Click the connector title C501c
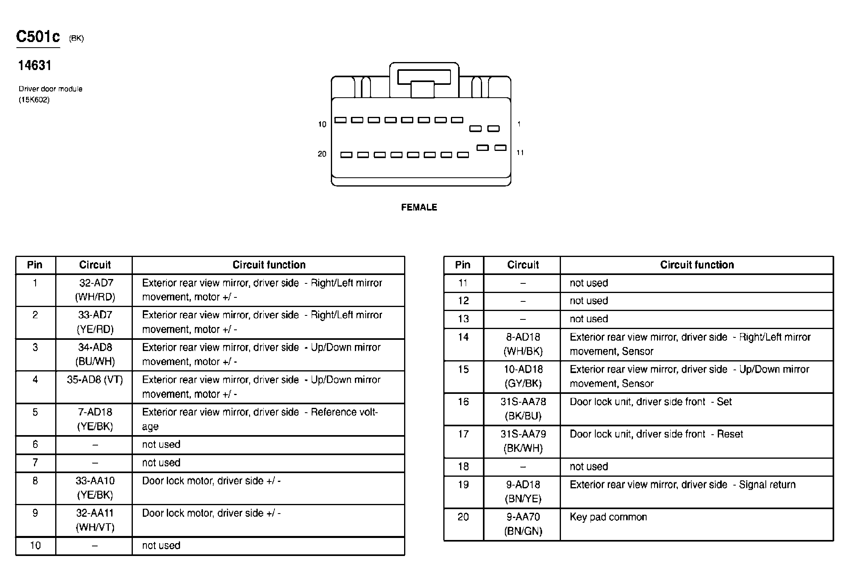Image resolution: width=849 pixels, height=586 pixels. pyautogui.click(x=38, y=37)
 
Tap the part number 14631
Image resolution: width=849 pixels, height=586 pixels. pyautogui.click(x=35, y=66)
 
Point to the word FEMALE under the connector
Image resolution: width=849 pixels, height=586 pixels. pyautogui.click(x=419, y=207)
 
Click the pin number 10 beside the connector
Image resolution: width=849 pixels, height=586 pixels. pyautogui.click(x=322, y=124)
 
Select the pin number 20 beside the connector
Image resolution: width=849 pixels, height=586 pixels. pyautogui.click(x=322, y=154)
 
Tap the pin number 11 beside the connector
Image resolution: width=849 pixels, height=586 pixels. pyautogui.click(x=520, y=153)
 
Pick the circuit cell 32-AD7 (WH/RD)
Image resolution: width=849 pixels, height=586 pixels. pyautogui.click(x=95, y=290)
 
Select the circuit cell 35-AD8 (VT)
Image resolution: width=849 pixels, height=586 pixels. pyautogui.click(x=95, y=379)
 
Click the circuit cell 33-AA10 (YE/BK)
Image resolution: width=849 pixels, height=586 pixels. pyautogui.click(x=95, y=488)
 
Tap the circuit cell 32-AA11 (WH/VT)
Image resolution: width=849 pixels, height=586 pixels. pyautogui.click(x=95, y=520)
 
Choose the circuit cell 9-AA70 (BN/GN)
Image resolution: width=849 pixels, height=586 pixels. pyautogui.click(x=523, y=524)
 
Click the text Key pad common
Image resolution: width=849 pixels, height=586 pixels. pyautogui.click(x=608, y=517)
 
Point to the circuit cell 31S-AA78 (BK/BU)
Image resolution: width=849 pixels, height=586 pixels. pyautogui.click(x=523, y=409)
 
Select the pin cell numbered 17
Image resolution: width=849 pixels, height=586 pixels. pyautogui.click(x=463, y=434)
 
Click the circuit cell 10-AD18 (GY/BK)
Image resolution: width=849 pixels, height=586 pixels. pyautogui.click(x=523, y=376)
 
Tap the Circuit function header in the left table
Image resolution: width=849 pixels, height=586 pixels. pyautogui.click(x=269, y=265)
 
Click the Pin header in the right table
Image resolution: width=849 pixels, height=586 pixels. pyautogui.click(x=463, y=265)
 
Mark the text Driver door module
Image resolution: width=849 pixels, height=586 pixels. pyautogui.click(x=50, y=89)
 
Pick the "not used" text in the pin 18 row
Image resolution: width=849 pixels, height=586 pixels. pyautogui.click(x=589, y=467)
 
